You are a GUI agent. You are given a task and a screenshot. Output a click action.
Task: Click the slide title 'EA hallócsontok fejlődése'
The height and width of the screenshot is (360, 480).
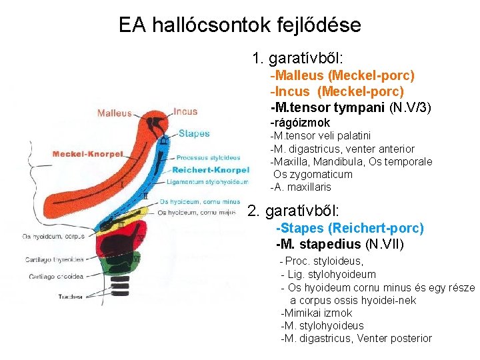pyautogui.click(x=239, y=25)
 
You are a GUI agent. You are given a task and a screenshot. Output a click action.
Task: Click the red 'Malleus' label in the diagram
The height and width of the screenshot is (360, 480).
pyautogui.click(x=114, y=113)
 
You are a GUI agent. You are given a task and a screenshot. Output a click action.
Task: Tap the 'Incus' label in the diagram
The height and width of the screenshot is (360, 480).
pyautogui.click(x=185, y=111)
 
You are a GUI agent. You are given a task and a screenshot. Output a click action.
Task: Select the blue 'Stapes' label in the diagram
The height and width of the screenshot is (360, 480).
pyautogui.click(x=194, y=133)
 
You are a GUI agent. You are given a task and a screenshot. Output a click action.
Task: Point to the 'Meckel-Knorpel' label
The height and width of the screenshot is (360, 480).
pyautogui.click(x=88, y=154)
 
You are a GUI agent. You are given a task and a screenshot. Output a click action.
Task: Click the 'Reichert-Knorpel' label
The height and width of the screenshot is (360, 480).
pyautogui.click(x=211, y=169)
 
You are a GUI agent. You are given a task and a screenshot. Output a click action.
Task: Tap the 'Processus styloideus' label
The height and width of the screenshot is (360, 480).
pyautogui.click(x=208, y=158)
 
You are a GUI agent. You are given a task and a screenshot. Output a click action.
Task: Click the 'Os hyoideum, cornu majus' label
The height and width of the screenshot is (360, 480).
pyautogui.click(x=197, y=213)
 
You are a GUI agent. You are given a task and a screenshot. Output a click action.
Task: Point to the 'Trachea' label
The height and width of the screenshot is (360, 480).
pyautogui.click(x=70, y=296)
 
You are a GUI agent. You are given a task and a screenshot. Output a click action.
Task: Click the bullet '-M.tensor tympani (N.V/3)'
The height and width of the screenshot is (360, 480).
pyautogui.click(x=351, y=107)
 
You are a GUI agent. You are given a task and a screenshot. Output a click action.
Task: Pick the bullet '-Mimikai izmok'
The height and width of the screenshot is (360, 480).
pyautogui.click(x=317, y=313)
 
